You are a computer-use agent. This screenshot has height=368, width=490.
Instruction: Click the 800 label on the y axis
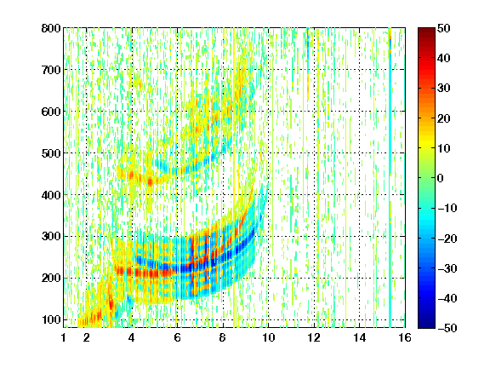point(51,28)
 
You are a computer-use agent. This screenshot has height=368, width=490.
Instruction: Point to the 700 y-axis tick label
point(51,70)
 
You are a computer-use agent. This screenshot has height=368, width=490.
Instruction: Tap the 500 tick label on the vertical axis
point(51,153)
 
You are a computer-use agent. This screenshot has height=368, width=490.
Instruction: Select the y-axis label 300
point(51,237)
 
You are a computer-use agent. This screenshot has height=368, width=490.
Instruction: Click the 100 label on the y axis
point(51,319)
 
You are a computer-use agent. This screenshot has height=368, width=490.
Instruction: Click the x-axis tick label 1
point(64,337)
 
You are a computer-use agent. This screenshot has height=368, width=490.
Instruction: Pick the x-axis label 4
point(132,337)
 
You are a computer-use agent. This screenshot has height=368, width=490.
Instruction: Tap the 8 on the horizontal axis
point(223,337)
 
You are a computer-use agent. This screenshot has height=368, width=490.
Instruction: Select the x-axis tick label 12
point(314,337)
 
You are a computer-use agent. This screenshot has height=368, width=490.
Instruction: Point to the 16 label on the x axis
point(405,337)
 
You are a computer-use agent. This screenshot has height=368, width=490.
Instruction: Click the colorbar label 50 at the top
point(443,28)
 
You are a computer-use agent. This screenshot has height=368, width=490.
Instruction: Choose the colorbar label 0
point(441,178)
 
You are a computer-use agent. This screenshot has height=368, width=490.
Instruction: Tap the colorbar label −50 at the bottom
point(447,328)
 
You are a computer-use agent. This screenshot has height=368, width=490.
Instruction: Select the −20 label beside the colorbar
point(447,239)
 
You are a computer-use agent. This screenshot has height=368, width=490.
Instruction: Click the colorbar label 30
point(443,89)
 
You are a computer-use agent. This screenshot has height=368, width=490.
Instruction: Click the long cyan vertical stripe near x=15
point(390,178)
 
